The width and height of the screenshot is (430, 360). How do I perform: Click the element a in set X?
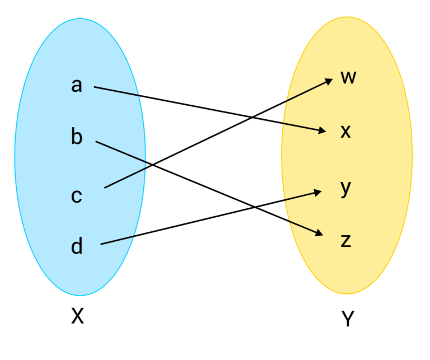point(77,85)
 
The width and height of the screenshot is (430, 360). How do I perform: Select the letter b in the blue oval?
point(77,137)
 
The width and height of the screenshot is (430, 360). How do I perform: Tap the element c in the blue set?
point(77,196)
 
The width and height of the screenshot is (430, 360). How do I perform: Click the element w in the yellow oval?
point(348,77)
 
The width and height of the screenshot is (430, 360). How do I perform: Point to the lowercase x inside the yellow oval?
point(346,132)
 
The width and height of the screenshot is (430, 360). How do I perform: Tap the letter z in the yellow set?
point(346,241)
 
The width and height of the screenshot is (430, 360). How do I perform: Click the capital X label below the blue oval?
point(77,317)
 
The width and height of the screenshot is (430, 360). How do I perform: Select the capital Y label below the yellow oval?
point(348,319)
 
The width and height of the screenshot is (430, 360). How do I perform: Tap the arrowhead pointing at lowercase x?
point(322,131)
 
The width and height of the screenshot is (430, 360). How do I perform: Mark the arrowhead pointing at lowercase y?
point(319,192)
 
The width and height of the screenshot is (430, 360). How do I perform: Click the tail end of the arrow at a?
point(95,87)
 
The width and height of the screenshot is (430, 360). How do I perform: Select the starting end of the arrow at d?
point(101,244)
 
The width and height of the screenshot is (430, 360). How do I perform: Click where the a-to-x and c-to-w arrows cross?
point(250,117)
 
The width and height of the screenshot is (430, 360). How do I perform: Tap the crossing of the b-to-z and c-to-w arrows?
point(152,165)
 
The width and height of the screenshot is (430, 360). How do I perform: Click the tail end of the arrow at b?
point(96,142)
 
